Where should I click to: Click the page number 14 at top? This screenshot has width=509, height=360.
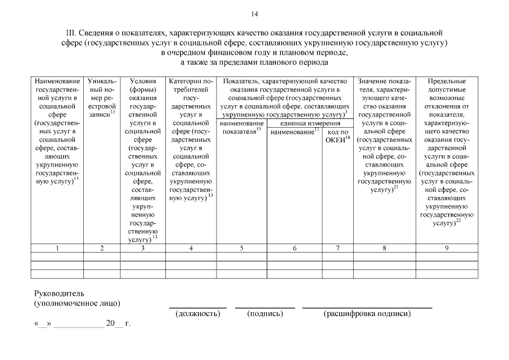click(254, 13)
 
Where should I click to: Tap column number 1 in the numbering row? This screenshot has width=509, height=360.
click(58, 248)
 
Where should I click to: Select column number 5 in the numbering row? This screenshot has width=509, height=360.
click(241, 248)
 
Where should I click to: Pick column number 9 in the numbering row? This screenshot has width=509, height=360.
click(447, 248)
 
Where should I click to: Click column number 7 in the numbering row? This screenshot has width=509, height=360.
click(337, 248)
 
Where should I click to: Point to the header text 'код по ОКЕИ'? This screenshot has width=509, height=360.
click(337, 136)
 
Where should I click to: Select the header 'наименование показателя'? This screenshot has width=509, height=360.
click(241, 127)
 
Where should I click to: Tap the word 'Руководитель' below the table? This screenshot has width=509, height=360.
click(59, 293)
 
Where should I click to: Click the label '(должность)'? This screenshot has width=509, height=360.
click(197, 313)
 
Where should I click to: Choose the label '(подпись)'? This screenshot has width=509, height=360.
click(264, 313)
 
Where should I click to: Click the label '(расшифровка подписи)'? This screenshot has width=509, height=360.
click(367, 313)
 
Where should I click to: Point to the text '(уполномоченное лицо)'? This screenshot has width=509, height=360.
click(77, 303)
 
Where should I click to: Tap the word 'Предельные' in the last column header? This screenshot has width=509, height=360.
click(447, 82)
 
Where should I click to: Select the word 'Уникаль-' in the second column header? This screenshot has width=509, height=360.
click(102, 82)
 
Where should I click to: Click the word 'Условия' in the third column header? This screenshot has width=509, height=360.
click(143, 82)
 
